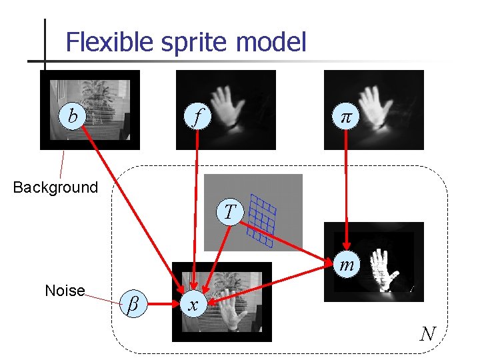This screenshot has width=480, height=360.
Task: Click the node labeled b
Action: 72,116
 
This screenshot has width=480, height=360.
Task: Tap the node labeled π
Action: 345,118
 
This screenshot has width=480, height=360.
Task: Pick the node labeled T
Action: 229,212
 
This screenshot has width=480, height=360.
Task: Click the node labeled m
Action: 347,265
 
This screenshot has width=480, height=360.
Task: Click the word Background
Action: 55,187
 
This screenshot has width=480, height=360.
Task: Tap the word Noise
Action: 65,291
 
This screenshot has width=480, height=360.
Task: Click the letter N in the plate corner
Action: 427,333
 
